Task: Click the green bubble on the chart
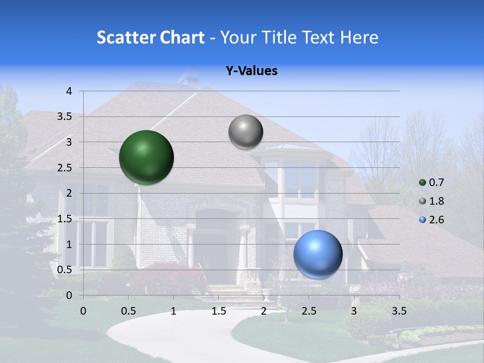pos(146,157)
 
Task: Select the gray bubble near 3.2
pos(246,132)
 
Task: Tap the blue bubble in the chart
pos(318,254)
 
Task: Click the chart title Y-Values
pos(251,71)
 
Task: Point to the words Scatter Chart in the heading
pos(150,37)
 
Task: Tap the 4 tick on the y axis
pos(69,91)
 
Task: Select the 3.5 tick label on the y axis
pos(65,117)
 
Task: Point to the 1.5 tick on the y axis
pos(65,219)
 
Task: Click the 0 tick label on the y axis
pos(69,295)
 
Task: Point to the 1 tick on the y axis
pos(69,245)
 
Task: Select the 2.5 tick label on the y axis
pos(65,168)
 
